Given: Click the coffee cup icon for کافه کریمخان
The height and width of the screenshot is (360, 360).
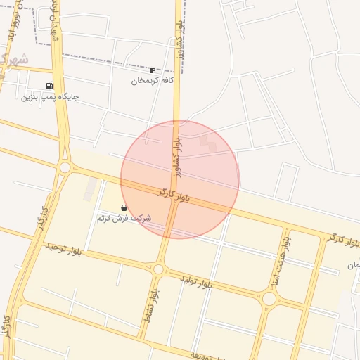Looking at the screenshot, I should pyautogui.click(x=152, y=70).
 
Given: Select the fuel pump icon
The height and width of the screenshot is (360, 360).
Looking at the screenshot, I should pyautogui.click(x=49, y=86).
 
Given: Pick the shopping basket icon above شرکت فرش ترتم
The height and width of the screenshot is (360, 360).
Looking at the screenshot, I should pyautogui.click(x=124, y=207).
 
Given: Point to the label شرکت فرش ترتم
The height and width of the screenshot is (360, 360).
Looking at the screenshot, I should pyautogui.click(x=124, y=219).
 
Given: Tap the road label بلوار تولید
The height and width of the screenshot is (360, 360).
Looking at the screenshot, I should pyautogui.click(x=196, y=282).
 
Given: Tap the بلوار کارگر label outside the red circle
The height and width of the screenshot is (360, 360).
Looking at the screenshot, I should pyautogui.click(x=343, y=240).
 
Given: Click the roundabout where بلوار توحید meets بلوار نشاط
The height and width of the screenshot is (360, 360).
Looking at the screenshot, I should pyautogui.click(x=158, y=269).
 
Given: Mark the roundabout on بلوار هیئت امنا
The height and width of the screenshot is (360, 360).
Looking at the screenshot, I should pyautogui.click(x=269, y=299).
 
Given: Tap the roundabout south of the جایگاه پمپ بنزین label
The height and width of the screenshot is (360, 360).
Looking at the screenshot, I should pyautogui.click(x=65, y=167).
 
